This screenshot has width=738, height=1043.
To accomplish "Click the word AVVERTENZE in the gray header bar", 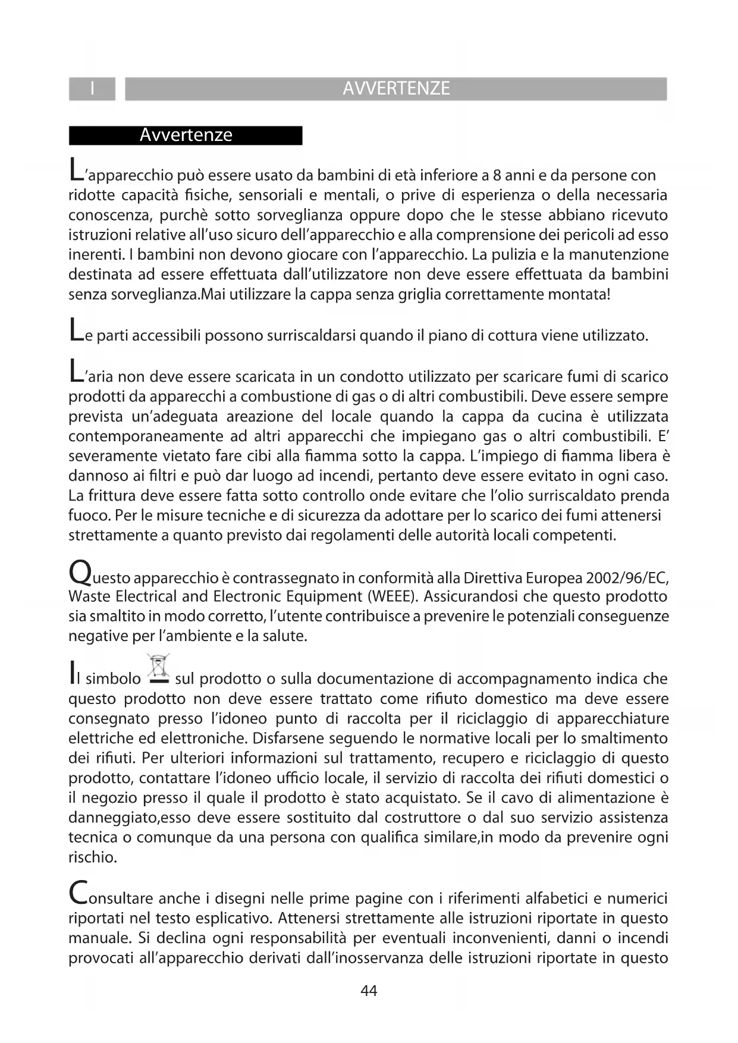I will click(396, 89).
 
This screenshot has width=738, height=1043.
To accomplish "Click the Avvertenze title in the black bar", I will click(186, 135).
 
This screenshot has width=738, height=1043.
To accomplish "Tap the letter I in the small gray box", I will click(92, 89).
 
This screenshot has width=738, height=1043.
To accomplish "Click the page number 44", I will click(369, 991).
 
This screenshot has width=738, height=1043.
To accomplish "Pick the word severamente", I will click(111, 457).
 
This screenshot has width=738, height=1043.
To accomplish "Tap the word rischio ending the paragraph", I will click(92, 857).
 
